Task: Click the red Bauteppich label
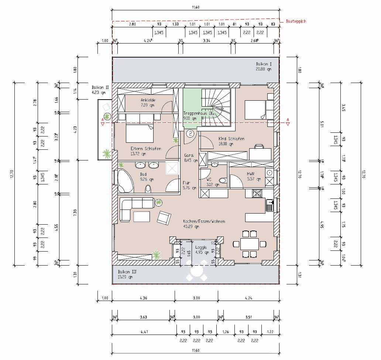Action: pyautogui.click(x=296, y=21)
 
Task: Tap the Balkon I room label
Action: pyautogui.click(x=264, y=66)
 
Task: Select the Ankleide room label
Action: pyautogui.click(x=147, y=103)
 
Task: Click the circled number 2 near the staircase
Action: pyautogui.click(x=190, y=134)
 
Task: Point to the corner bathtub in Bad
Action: pyautogui.click(x=125, y=181)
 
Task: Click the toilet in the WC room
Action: pyautogui.click(x=223, y=181)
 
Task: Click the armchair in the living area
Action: pyautogui.click(x=164, y=218)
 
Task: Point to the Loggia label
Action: pyautogui.click(x=201, y=248)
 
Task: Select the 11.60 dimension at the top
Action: pyautogui.click(x=196, y=7)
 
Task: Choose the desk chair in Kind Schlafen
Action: pyautogui.click(x=260, y=146)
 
